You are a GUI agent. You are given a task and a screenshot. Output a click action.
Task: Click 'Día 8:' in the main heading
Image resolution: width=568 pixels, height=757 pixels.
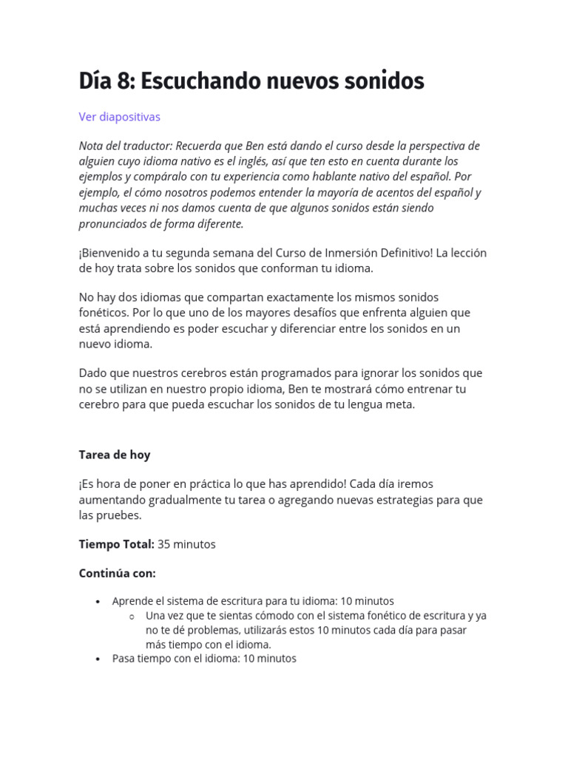pyautogui.click(x=106, y=81)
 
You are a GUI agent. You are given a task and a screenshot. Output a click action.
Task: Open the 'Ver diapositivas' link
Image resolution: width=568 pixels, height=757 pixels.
pyautogui.click(x=119, y=117)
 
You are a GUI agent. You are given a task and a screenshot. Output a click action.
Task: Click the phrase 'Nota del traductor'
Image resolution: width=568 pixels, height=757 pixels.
pyautogui.click(x=124, y=146)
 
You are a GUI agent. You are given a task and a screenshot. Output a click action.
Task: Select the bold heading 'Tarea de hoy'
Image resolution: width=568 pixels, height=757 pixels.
pyautogui.click(x=115, y=455)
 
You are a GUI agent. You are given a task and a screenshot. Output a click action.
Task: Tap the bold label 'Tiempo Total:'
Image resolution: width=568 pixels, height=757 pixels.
pyautogui.click(x=116, y=544)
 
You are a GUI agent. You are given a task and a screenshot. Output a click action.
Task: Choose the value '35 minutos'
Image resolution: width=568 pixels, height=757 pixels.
pyautogui.click(x=186, y=544)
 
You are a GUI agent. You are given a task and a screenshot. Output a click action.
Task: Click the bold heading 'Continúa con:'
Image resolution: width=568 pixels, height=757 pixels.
pyautogui.click(x=118, y=574)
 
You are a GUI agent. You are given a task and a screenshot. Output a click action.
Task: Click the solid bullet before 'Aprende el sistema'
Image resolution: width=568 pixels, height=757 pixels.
pyautogui.click(x=98, y=602)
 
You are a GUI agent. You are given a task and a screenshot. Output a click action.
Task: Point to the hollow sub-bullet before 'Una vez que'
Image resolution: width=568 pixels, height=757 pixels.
pyautogui.click(x=132, y=617)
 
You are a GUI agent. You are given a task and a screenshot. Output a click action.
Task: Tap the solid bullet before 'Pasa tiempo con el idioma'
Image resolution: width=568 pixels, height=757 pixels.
pyautogui.click(x=98, y=659)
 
